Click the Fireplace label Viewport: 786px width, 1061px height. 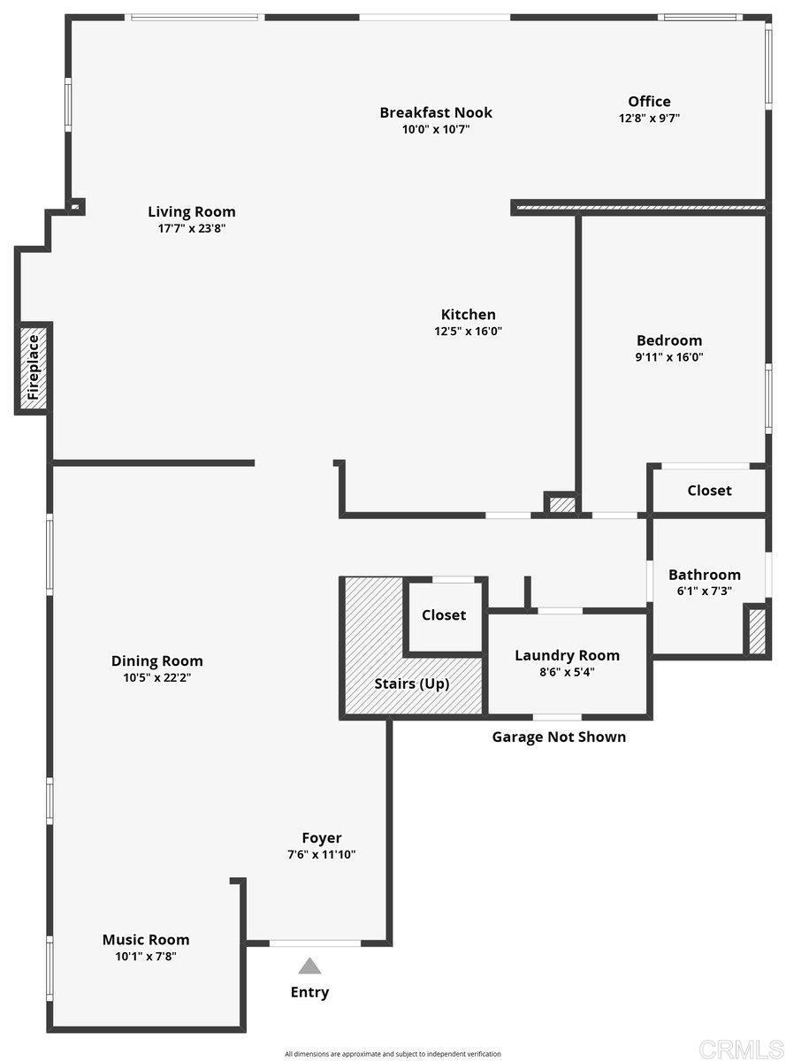click(33, 367)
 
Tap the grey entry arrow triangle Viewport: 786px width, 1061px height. click(309, 966)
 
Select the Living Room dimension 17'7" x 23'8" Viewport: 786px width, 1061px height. click(191, 228)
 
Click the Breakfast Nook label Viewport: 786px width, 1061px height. click(435, 112)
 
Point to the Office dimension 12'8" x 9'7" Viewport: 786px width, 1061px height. click(649, 118)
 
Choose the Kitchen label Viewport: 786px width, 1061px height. click(468, 314)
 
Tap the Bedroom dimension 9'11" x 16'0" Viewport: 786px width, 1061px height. click(668, 357)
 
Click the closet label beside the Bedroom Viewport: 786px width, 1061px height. click(709, 491)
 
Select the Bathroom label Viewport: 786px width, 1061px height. click(704, 575)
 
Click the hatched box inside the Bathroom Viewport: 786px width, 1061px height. click(757, 631)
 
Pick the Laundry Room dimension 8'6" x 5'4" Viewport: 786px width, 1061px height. click(567, 672)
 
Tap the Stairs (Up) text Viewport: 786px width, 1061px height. click(411, 683)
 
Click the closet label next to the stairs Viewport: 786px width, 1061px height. click(444, 614)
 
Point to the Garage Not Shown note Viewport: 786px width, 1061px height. click(559, 737)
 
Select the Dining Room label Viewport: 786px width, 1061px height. click(156, 661)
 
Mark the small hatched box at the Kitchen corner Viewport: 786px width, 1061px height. click(561, 505)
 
